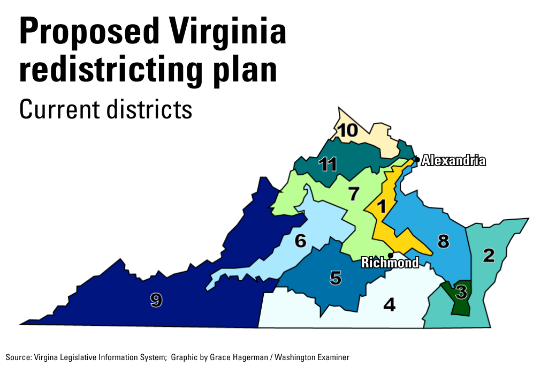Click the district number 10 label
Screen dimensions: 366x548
pos(347,130)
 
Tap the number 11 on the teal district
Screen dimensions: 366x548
pos(328,164)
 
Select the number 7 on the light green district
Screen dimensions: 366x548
pos(353,193)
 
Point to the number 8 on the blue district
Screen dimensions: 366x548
pos(443,242)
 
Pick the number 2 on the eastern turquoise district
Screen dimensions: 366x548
pos(489,256)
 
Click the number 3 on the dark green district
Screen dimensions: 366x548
pos(461,293)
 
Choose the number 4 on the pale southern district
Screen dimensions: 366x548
pos(390,304)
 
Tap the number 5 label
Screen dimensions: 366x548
pos(335,278)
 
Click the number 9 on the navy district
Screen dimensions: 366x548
pos(156,301)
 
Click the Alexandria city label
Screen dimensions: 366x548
pos(453,160)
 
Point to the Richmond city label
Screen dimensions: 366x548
pos(390,263)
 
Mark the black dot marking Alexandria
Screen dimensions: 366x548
pos(417,159)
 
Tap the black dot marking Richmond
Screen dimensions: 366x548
pos(391,255)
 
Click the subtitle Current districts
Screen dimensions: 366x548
pos(105,109)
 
